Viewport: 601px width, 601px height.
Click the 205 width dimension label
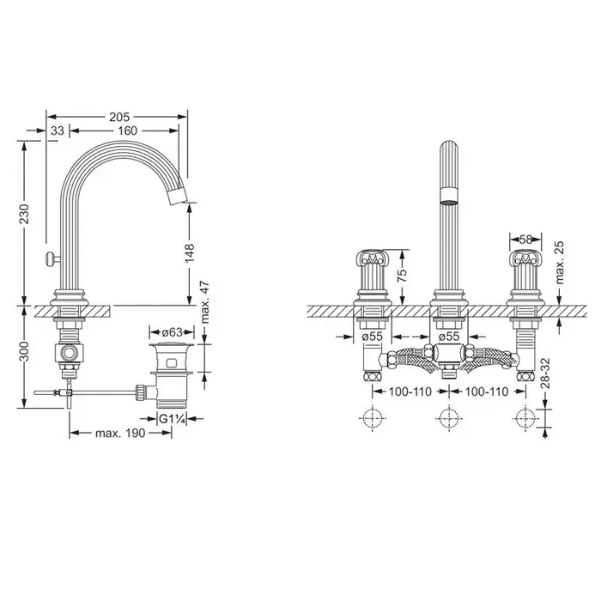click(119, 117)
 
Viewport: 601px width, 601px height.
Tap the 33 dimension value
click(58, 131)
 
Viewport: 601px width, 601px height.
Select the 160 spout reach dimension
click(127, 131)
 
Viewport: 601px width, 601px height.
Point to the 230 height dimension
click(24, 214)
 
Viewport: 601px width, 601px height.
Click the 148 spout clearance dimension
click(190, 252)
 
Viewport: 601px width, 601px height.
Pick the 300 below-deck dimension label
click(24, 351)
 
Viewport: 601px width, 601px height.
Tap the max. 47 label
click(205, 302)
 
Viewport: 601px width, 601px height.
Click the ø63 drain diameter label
click(172, 332)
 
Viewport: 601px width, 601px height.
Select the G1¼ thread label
click(172, 419)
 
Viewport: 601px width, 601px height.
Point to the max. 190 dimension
click(120, 434)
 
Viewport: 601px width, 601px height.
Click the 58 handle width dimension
click(525, 240)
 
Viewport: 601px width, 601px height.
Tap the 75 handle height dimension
click(403, 276)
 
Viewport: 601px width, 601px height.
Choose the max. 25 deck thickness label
click(560, 263)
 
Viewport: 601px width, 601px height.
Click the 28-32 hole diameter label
click(545, 373)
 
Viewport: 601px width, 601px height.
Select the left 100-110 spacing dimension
click(410, 392)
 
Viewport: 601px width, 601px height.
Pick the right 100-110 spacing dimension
click(487, 392)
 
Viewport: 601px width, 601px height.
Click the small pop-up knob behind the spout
click(51, 258)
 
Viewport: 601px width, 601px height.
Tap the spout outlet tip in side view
click(179, 197)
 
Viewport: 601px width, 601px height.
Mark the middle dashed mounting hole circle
click(449, 418)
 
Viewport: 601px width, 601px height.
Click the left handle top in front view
click(372, 258)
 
